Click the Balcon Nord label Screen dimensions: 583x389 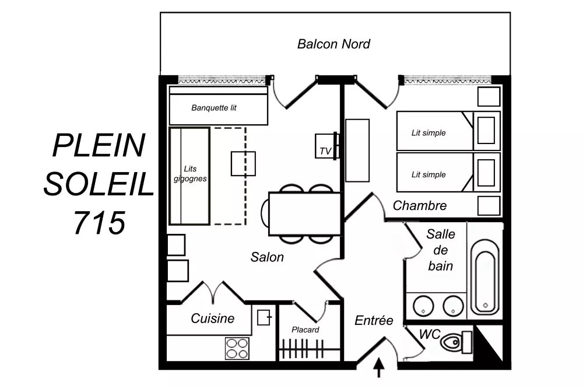[x=333, y=44]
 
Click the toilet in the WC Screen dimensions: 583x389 [x=456, y=342]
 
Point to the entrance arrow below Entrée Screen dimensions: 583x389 [x=378, y=368]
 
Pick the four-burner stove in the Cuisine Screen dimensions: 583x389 [x=237, y=348]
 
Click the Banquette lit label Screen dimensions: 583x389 [x=214, y=108]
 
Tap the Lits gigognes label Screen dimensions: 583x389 [x=190, y=174]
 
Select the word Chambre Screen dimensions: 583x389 [x=419, y=205]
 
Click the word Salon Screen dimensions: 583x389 [x=267, y=257]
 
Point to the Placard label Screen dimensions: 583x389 [x=305, y=330]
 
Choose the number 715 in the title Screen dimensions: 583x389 [x=99, y=223]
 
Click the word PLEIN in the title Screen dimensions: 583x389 [x=99, y=145]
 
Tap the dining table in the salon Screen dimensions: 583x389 [x=304, y=214]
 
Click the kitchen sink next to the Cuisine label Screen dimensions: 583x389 [x=264, y=318]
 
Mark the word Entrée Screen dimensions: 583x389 [x=374, y=320]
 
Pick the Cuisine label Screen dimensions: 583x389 [x=212, y=318]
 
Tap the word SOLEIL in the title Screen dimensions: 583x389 [x=99, y=184]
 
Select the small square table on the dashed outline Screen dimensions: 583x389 [x=243, y=163]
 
